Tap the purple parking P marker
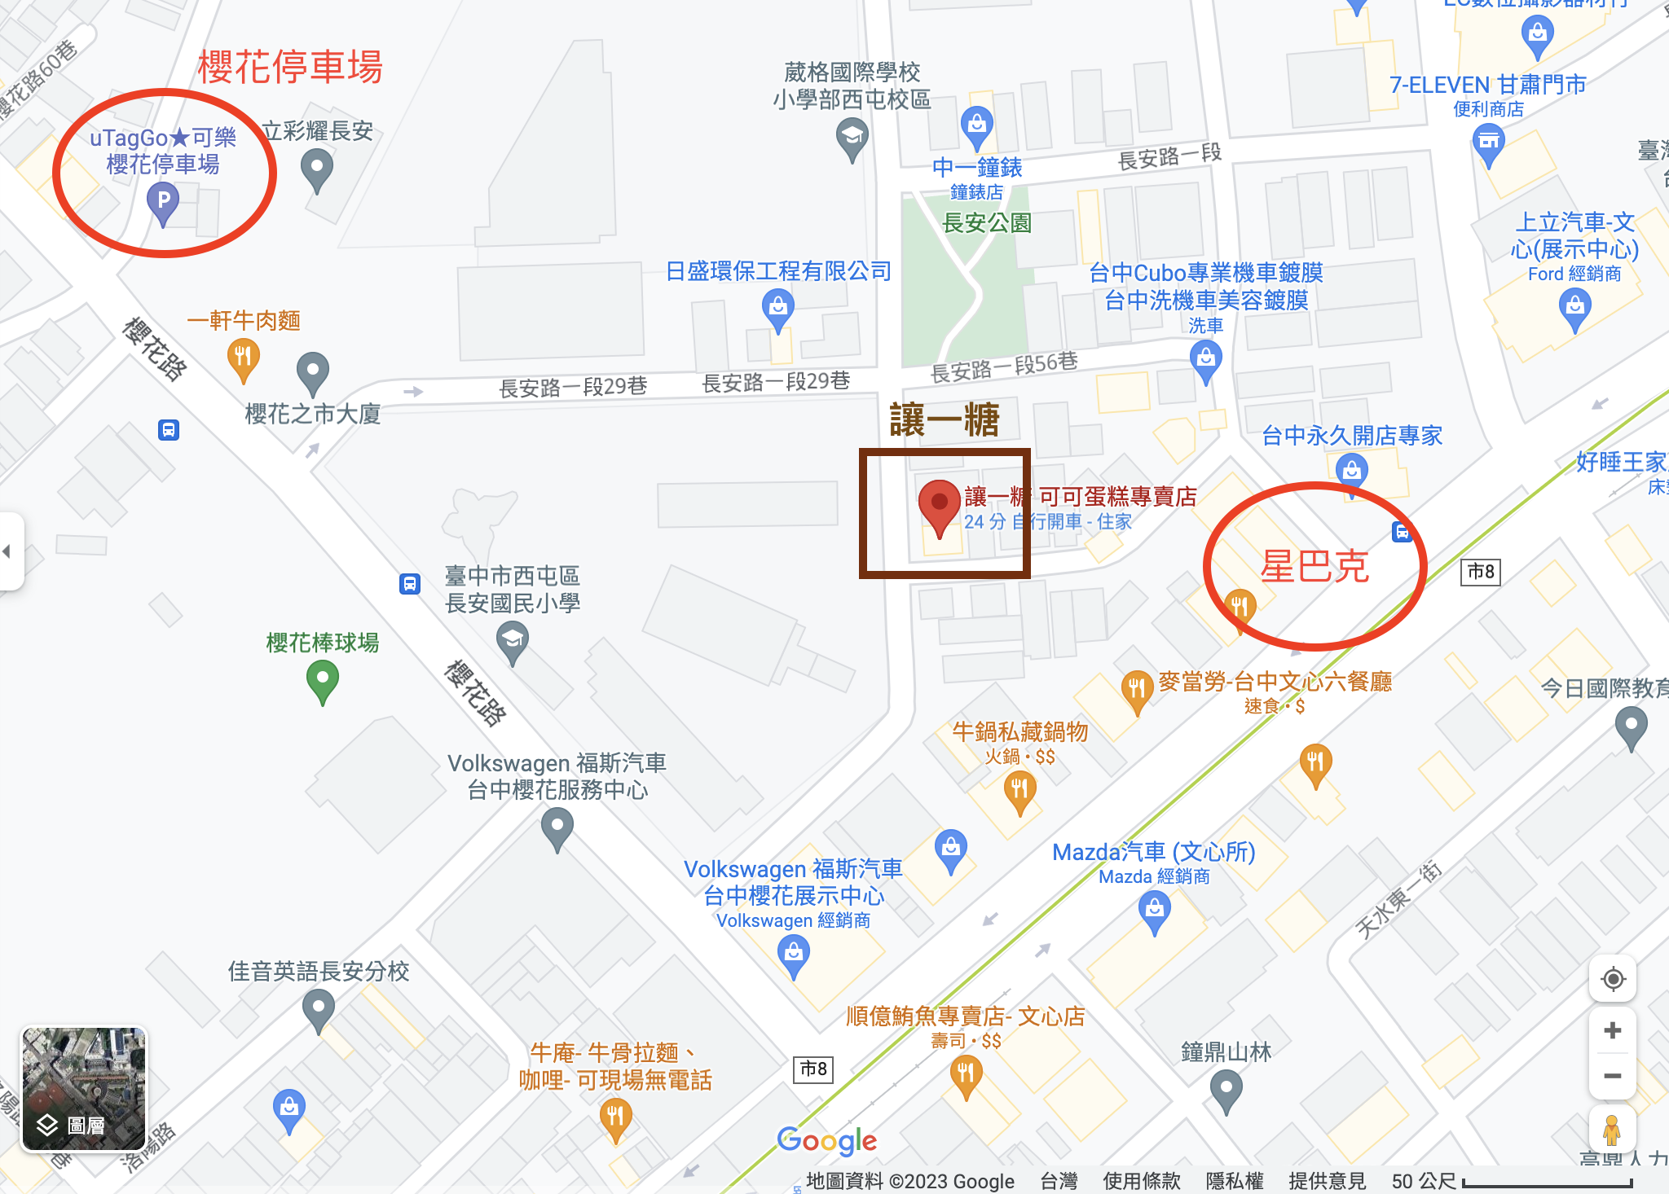coord(163,201)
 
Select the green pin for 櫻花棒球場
coord(323,678)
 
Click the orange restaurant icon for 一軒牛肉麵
coord(243,358)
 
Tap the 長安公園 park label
coord(986,222)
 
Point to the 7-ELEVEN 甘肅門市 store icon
coord(1489,143)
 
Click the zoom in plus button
coord(1612,1030)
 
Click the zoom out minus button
coord(1612,1076)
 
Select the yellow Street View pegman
coord(1611,1130)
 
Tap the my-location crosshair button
coord(1613,979)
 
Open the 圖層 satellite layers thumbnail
coord(84,1089)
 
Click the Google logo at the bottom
coord(826,1141)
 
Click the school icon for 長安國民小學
coord(512,640)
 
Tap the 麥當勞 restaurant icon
coord(1135,689)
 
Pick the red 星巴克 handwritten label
coord(1314,567)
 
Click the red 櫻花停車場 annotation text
coord(290,67)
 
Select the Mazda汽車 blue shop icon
coord(1154,909)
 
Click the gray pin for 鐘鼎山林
coord(1226,1087)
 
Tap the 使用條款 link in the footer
coord(1141,1181)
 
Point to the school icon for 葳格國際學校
coord(852,136)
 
